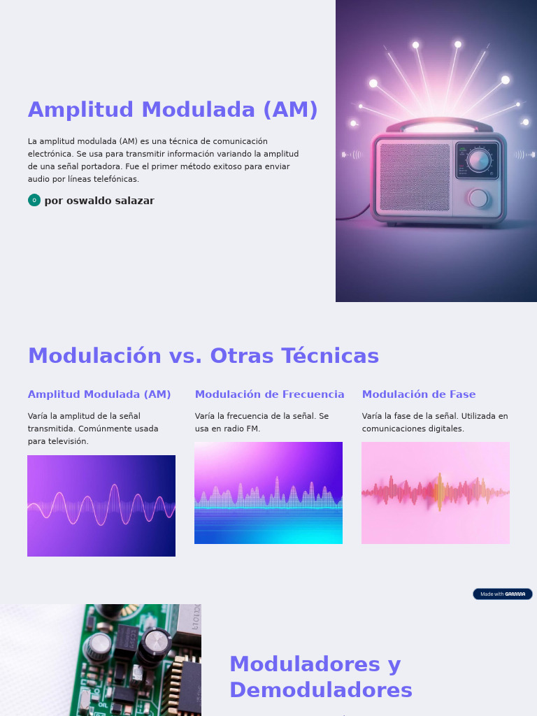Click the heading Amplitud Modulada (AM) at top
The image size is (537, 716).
173,110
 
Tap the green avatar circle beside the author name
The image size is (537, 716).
34,200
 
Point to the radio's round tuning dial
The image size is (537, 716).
479,160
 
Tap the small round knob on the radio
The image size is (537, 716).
478,199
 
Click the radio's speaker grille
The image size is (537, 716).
415,178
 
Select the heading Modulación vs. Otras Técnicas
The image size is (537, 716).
203,356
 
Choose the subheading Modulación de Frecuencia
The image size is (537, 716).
269,394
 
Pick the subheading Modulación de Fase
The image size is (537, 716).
418,394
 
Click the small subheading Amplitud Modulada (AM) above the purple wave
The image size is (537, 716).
99,394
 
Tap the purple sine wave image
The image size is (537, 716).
101,506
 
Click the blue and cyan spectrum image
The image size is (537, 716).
268,493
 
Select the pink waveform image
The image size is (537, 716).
436,493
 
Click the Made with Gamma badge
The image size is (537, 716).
503,594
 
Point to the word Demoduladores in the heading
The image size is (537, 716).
320,690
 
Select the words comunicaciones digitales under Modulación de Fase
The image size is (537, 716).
413,429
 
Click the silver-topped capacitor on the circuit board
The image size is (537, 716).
157,639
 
